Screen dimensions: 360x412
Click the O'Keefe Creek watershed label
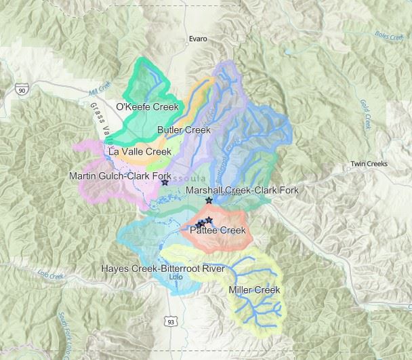point(147,107)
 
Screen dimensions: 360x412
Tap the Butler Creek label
point(184,129)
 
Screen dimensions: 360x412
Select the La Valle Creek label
point(138,152)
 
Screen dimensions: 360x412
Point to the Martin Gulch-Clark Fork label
point(120,176)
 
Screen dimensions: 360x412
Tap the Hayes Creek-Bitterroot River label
point(163,268)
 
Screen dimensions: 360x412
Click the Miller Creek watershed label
point(254,290)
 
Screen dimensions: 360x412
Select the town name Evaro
point(198,39)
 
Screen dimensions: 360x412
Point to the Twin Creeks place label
point(367,165)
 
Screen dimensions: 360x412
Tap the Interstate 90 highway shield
point(22,89)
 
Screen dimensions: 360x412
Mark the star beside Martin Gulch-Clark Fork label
point(165,183)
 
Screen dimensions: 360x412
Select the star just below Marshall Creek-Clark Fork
point(209,201)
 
